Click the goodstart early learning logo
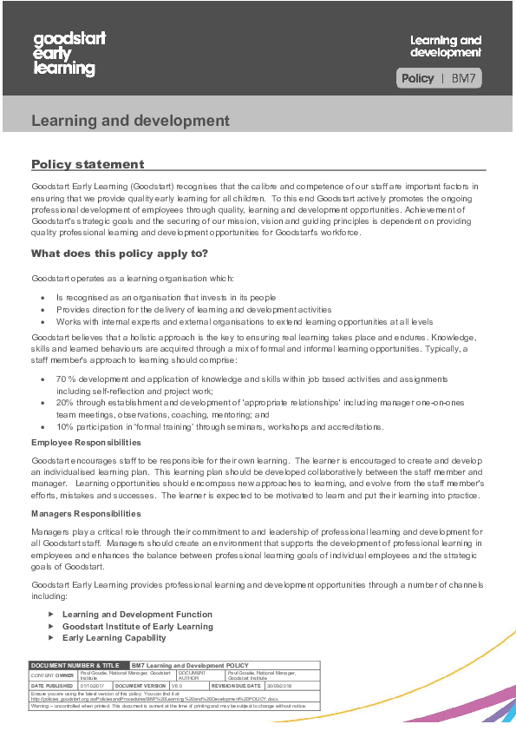pos(64,54)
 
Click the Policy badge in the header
pos(417,78)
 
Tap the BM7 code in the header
pos(464,78)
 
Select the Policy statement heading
pos(88,164)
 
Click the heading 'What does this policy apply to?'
pos(120,254)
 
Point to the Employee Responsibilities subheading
pos(86,443)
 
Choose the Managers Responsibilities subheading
pos(86,514)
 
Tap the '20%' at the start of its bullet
pos(65,403)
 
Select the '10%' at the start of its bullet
pos(65,426)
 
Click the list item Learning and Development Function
pos(137,615)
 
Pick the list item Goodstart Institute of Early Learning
pos(137,626)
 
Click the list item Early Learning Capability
pos(114,637)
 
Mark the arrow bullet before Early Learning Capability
pos(51,637)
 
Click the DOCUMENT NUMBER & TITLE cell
pos(73,665)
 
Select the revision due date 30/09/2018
pos(285,685)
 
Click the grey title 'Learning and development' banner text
pos(130,121)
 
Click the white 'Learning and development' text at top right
pos(445,46)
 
